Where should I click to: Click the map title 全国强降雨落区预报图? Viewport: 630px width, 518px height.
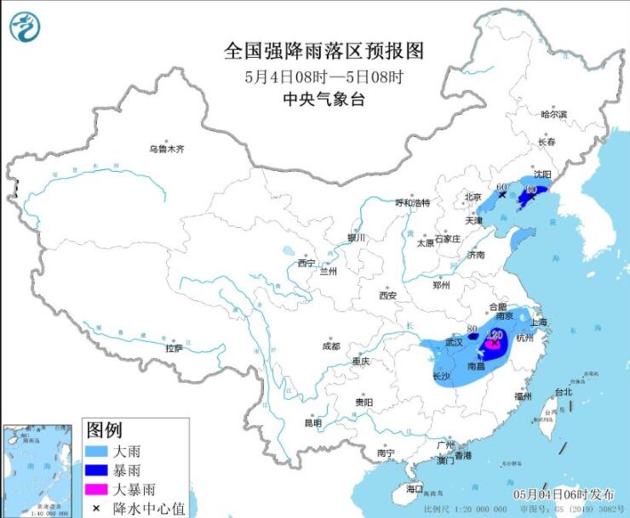pos(324,51)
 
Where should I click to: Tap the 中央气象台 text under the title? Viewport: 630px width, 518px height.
pos(324,99)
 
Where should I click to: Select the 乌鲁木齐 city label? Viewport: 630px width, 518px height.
pos(166,149)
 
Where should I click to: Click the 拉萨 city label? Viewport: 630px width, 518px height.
pos(174,348)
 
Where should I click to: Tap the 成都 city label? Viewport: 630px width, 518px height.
pos(331,346)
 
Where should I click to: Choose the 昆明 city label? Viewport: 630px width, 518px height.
pos(313,423)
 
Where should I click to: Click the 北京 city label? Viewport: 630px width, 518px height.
pos(473,197)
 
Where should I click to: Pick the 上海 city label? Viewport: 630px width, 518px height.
pos(537,322)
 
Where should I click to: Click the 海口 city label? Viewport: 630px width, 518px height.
pos(415,489)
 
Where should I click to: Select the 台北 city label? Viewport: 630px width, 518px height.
pos(564,392)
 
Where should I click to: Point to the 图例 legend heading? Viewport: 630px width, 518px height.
pos(106,430)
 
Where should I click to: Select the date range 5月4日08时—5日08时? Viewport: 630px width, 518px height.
pos(324,76)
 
